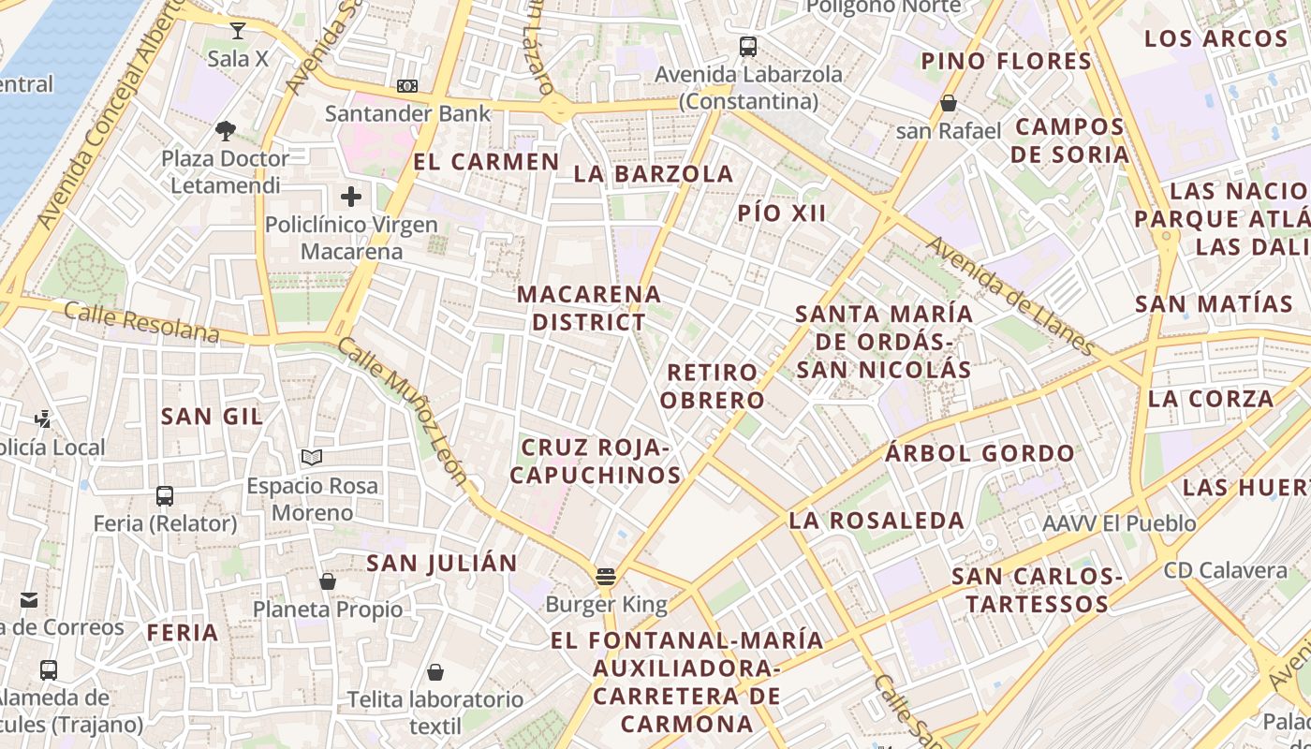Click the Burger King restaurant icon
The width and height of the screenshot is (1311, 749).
point(606,576)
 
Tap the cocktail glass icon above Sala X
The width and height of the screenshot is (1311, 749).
point(238,31)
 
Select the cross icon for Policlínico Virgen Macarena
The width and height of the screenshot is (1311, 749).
point(351,197)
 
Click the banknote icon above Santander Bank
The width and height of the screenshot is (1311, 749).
point(407,86)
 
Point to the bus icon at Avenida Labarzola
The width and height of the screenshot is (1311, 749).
point(747,46)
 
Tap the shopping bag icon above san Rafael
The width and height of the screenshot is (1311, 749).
point(949,103)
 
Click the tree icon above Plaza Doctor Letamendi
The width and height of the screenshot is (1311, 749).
point(225,130)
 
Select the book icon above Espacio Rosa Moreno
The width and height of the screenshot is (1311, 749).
point(312,458)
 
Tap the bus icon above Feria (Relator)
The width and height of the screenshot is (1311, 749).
point(165,495)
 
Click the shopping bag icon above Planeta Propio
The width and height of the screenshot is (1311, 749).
point(328,581)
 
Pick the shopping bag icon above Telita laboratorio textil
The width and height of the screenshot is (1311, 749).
point(435,672)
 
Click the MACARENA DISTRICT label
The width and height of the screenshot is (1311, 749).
point(589,308)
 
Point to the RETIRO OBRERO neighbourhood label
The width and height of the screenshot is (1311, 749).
point(713,386)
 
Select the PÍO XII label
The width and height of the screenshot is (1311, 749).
point(782,213)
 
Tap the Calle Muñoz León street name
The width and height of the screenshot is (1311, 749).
point(403,411)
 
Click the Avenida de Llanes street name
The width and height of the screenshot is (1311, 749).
point(1010,296)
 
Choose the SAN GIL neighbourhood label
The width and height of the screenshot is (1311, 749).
point(212,417)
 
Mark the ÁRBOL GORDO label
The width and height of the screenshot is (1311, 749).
point(980,454)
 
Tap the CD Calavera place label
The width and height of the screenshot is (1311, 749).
point(1226,570)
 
